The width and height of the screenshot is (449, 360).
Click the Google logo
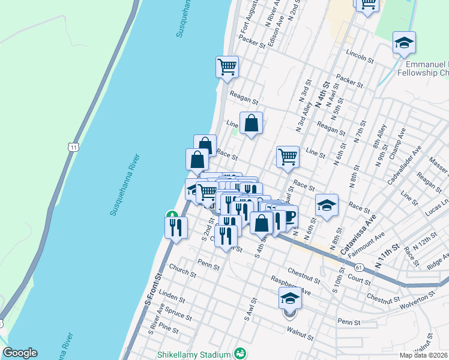click(20, 353)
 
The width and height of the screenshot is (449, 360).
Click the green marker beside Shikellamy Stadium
click(241, 353)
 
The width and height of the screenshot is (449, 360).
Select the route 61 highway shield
click(358, 266)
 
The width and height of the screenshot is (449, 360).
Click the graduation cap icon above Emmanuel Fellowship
click(405, 43)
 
